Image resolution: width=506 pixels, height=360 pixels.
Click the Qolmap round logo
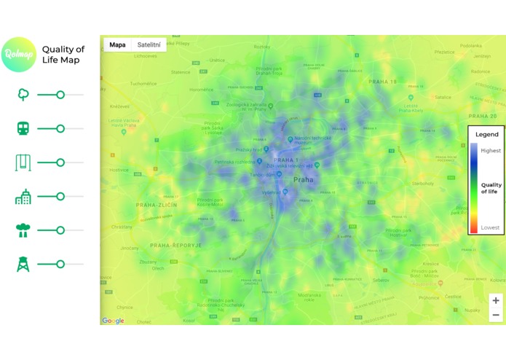18,55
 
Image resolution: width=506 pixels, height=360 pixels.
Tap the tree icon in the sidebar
23,95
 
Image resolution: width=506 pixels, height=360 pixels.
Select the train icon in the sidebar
23,128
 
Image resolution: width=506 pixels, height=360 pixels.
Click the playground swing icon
23,163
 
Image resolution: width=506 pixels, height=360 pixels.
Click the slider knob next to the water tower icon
60,264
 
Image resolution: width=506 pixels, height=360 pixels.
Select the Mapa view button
117,44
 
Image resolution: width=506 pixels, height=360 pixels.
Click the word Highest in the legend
490,150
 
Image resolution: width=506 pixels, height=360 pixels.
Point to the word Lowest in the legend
490,227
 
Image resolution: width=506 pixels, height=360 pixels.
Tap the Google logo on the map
113,321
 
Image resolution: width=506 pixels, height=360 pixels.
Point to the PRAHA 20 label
482,117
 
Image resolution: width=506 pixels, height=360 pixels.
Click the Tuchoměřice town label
143,84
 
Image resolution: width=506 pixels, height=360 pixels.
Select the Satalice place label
442,96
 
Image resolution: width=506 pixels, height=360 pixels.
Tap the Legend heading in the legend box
487,135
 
